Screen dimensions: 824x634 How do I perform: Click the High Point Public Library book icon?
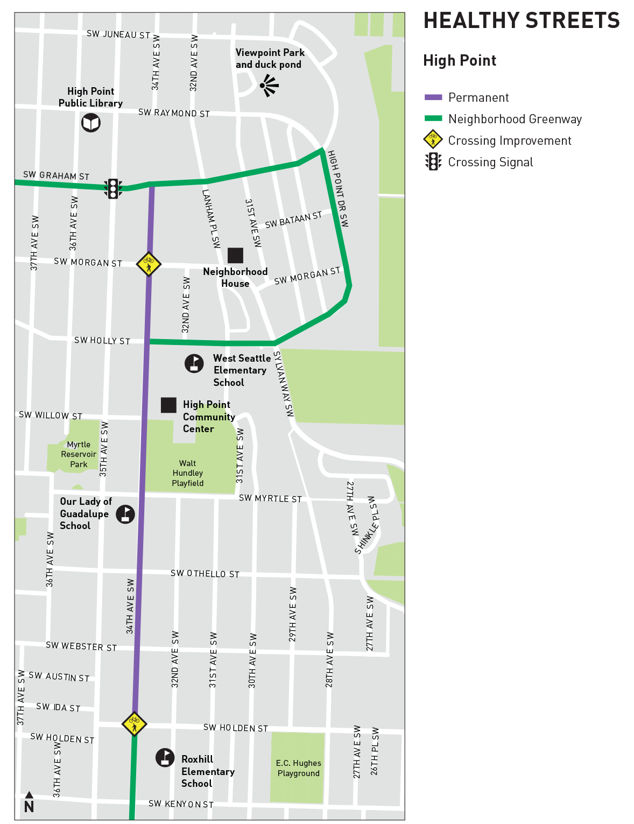click(x=91, y=123)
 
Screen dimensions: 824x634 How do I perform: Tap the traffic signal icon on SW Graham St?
click(x=113, y=188)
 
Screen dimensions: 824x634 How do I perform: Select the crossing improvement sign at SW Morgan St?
click(x=149, y=264)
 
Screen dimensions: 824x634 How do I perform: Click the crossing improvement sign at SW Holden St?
click(x=134, y=723)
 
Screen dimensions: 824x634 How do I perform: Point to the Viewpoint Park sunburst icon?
click(x=268, y=86)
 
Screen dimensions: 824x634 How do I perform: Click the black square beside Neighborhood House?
click(x=235, y=255)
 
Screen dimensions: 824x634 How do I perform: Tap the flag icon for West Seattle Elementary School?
click(x=194, y=363)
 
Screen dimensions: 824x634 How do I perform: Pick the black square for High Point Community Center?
click(x=168, y=405)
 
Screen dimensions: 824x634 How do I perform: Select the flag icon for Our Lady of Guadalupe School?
click(x=125, y=514)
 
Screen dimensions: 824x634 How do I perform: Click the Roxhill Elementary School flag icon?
click(x=165, y=757)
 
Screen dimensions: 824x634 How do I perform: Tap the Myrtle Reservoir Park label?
click(x=79, y=454)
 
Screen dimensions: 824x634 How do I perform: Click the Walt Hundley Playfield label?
click(x=188, y=473)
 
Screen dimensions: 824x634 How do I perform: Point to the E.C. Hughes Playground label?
click(x=298, y=768)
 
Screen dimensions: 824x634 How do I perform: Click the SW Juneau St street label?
click(x=118, y=34)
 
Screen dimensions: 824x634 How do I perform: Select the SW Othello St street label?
click(x=205, y=574)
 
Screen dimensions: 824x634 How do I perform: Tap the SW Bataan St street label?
click(x=293, y=220)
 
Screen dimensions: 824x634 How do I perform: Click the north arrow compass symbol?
click(x=29, y=802)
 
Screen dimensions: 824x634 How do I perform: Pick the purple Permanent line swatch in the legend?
click(x=433, y=97)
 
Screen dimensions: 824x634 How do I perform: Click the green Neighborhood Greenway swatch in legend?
click(x=433, y=118)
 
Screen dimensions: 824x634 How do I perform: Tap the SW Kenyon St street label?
click(x=181, y=804)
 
